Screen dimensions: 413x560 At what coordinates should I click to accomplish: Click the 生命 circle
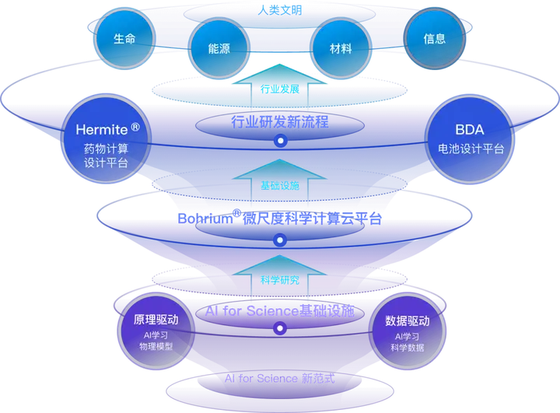[124, 38]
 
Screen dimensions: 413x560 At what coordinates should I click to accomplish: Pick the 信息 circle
[435, 38]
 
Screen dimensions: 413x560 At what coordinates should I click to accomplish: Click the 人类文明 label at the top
[279, 10]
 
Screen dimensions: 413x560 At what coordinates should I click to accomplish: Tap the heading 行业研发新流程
[280, 121]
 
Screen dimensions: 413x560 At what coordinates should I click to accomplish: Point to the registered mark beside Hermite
[136, 126]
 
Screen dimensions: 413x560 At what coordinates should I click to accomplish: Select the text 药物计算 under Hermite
[106, 148]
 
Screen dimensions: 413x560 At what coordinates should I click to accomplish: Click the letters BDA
[469, 130]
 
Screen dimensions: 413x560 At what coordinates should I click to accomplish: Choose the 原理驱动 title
[156, 320]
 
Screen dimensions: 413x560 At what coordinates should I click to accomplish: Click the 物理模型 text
[156, 347]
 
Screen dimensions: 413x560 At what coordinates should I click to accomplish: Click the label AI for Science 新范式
[279, 379]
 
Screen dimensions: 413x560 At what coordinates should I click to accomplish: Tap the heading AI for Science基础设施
[280, 311]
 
